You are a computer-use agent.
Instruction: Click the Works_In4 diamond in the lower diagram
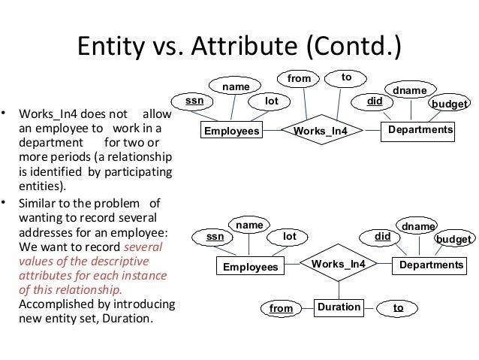click(338, 265)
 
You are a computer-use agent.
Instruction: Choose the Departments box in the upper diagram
click(420, 131)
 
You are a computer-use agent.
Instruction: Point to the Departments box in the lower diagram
click(430, 265)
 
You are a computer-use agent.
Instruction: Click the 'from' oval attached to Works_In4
click(300, 77)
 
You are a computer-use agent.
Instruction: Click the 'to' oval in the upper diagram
click(346, 77)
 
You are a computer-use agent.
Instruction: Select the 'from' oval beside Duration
click(281, 308)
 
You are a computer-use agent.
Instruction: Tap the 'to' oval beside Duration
click(398, 308)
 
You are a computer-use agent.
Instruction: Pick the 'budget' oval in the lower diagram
click(455, 239)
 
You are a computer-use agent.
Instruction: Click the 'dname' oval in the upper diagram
click(410, 91)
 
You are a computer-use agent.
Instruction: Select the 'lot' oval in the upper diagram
click(273, 100)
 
